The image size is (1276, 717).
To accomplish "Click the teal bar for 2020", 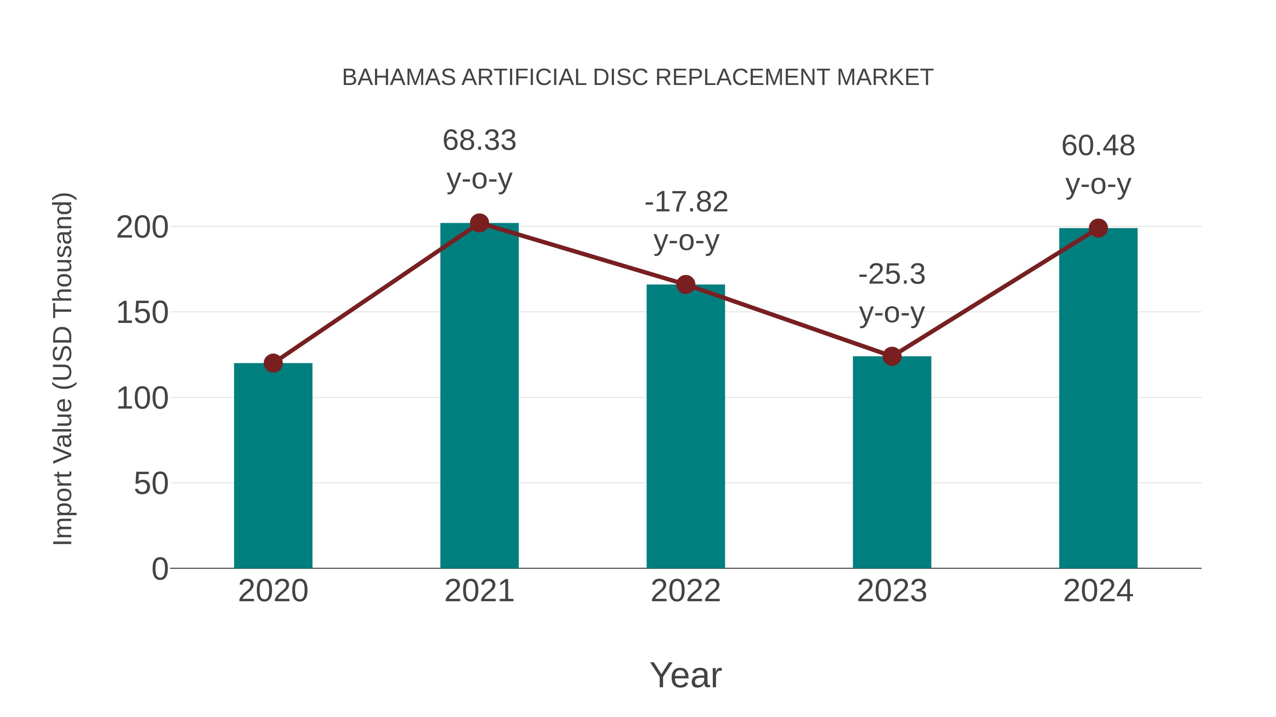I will [x=273, y=465].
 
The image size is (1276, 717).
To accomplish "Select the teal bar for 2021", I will [x=479, y=396].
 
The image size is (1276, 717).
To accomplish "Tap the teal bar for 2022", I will [x=685, y=426].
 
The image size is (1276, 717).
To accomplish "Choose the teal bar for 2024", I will [x=1098, y=398].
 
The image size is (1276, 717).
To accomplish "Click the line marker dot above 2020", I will [x=273, y=363].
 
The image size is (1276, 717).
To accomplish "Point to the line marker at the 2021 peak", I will [x=479, y=223].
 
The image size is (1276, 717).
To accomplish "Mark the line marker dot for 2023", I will [x=892, y=356].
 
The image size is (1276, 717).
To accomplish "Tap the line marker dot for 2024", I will [x=1098, y=228].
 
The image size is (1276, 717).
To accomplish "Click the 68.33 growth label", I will [x=479, y=141].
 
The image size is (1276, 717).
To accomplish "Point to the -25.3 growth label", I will [x=892, y=274].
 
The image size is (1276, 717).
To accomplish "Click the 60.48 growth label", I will [x=1098, y=146].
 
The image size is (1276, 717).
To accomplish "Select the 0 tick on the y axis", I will [x=160, y=569].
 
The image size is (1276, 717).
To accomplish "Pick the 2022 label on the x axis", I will [x=685, y=591].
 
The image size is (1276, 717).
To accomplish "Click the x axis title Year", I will [x=685, y=675].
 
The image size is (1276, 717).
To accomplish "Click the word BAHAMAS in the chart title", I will [x=399, y=78].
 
